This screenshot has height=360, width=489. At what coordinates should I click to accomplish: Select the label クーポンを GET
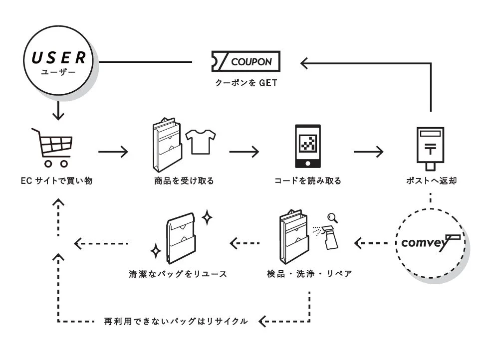[x=245, y=83]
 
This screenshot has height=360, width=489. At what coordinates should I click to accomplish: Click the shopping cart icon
[x=53, y=148]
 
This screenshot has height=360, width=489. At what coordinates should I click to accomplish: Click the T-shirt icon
[x=201, y=141]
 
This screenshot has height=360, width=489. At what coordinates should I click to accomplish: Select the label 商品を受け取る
[x=184, y=181]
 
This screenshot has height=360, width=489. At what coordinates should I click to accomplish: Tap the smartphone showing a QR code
[x=308, y=146]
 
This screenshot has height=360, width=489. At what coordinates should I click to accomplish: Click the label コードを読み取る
[x=308, y=181]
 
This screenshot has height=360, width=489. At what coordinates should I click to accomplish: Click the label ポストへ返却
[x=431, y=181]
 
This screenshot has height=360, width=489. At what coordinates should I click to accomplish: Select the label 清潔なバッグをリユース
[x=178, y=274]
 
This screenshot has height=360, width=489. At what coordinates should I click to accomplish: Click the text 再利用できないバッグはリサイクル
[x=176, y=321]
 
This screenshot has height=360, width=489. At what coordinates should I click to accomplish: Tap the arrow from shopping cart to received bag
[x=113, y=152]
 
